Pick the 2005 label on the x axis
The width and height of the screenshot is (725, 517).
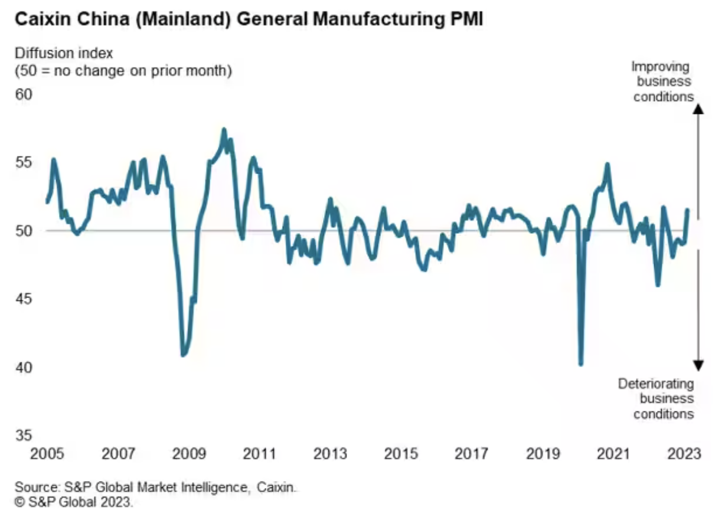click(47, 454)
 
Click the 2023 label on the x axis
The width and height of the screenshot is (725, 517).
click(684, 454)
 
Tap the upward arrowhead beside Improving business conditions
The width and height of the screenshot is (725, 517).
click(698, 109)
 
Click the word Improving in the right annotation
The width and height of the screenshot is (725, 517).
click(660, 66)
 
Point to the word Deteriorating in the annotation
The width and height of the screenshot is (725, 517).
click(656, 384)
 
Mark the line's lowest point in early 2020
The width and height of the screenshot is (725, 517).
click(581, 364)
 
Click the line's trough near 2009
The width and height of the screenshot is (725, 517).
click(183, 355)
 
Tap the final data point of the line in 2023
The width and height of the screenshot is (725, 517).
click(687, 210)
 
